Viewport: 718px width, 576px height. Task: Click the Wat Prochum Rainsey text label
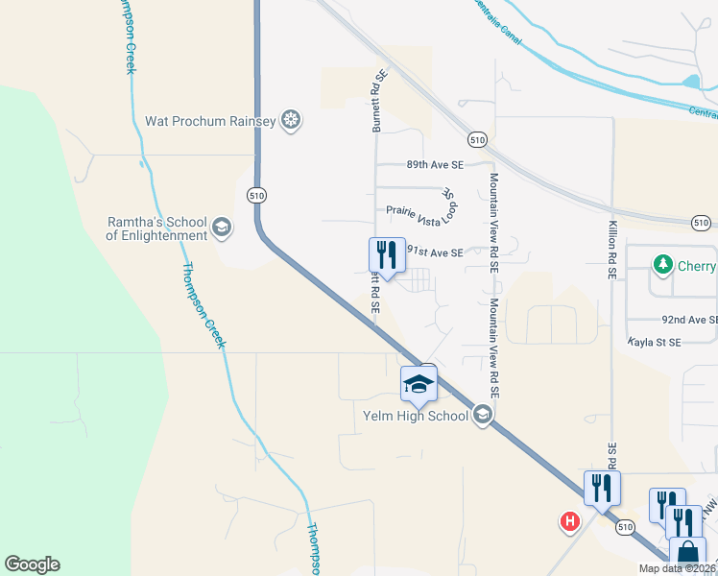210,122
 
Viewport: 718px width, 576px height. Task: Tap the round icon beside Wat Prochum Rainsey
291,121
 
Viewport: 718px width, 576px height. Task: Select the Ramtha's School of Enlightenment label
156,228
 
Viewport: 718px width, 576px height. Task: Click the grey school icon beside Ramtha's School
222,228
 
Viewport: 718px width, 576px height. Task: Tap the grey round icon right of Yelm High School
483,415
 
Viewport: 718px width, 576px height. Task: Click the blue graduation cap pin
419,385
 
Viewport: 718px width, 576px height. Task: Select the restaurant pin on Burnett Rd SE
387,255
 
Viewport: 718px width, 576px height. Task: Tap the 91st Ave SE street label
435,252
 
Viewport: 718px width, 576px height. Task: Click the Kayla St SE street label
655,342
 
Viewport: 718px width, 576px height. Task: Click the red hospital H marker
569,521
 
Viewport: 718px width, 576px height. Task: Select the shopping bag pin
687,554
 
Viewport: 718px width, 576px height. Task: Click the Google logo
32,564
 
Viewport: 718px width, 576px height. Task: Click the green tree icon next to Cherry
661,263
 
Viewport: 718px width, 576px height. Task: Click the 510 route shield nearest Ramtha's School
255,195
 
